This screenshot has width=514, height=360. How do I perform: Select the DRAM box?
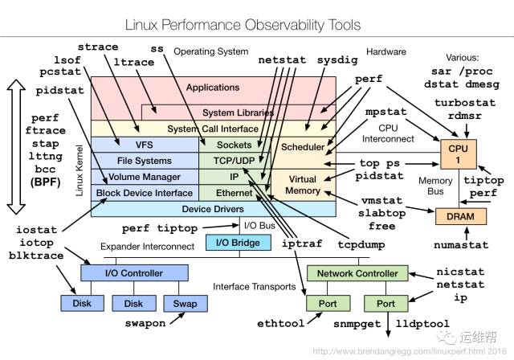tap(455, 215)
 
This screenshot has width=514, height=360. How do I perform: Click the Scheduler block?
tap(302, 147)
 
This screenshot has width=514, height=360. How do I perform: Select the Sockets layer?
tap(235, 145)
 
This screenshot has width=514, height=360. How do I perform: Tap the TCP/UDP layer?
tap(235, 161)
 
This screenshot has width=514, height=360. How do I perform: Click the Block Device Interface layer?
tap(145, 193)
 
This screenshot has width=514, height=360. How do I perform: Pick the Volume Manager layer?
tap(145, 177)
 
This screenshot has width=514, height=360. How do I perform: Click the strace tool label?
tap(98, 47)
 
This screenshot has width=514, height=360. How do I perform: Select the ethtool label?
tap(279, 325)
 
